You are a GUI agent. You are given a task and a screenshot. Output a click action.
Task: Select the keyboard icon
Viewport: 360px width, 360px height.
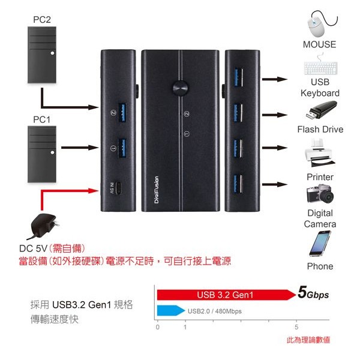tap(320, 67)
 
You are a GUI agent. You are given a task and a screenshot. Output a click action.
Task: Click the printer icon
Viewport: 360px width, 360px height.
tap(319, 154)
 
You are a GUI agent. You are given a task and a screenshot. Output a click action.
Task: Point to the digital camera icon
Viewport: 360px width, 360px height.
tap(320, 196)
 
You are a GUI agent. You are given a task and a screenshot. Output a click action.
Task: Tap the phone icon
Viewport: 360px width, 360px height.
tap(320, 243)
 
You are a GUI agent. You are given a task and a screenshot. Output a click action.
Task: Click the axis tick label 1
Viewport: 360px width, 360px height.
tap(185, 328)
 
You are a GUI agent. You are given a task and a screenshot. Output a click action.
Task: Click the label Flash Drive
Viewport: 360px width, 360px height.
tap(320, 129)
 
